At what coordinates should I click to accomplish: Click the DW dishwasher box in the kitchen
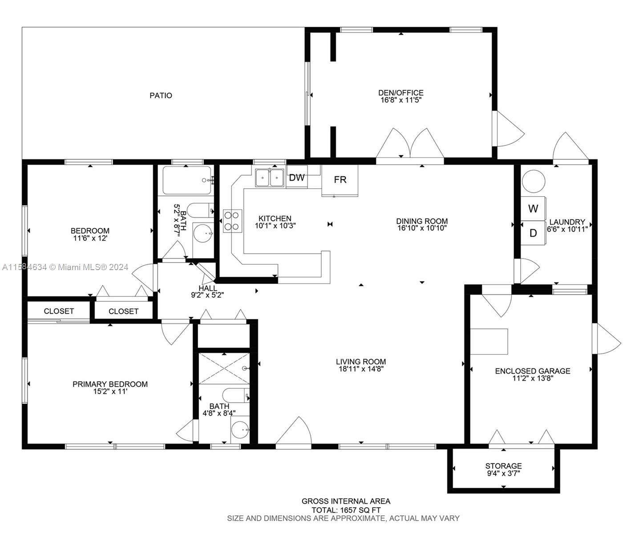coord(296,178)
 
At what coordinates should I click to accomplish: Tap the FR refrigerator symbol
coord(340,180)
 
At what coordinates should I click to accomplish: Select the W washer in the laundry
coord(533,208)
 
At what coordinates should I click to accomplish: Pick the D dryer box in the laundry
coord(533,233)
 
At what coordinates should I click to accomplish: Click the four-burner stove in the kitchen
coord(232,221)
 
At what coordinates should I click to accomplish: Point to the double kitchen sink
coord(270,178)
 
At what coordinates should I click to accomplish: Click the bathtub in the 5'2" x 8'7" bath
coord(187,180)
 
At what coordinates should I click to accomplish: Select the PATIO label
coord(161,95)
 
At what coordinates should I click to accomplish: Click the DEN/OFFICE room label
coord(400,93)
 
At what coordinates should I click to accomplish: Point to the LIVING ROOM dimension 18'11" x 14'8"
coord(360,369)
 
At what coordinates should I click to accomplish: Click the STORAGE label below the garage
coord(503,466)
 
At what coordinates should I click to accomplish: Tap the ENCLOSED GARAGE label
coord(532,371)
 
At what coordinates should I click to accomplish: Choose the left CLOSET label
coord(59,311)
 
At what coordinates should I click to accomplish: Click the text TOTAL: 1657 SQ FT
coord(346,510)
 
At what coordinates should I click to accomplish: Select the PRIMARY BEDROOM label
coord(110,384)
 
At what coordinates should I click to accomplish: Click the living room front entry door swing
coord(294,432)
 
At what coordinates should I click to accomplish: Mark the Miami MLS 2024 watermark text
coord(65,267)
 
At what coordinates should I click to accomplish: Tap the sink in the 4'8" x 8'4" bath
coord(240,430)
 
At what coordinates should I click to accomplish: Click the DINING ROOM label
coord(422,221)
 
